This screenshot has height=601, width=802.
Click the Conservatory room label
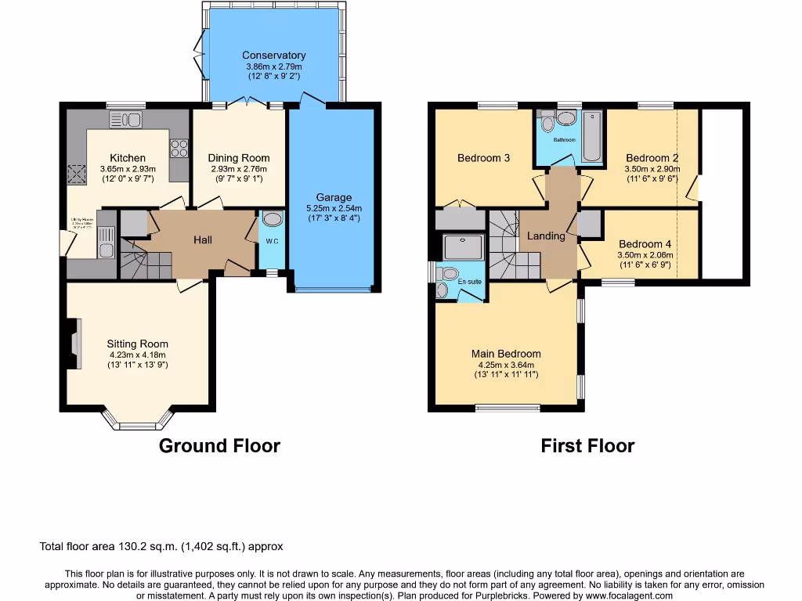(273, 56)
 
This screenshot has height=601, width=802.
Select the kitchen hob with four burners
(179, 148)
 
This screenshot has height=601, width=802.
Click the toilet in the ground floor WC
(273, 219)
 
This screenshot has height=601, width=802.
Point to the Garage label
(334, 197)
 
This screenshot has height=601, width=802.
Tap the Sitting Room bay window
(137, 422)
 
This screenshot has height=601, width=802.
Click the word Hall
(203, 240)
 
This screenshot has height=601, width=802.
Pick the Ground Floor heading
(219, 446)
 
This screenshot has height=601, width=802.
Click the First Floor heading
(587, 446)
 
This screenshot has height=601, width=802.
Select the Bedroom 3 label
(483, 158)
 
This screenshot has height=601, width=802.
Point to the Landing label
(546, 236)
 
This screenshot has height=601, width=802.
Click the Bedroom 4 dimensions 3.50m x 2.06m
(645, 254)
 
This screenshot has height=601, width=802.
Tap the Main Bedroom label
(506, 354)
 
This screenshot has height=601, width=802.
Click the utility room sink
(106, 239)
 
